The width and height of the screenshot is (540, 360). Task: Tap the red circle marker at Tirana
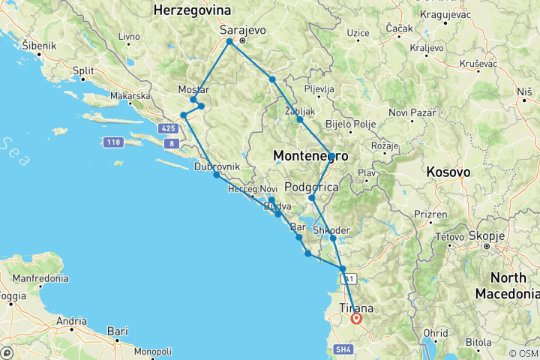pos(357,319)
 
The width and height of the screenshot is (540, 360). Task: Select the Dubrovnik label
pos(217,166)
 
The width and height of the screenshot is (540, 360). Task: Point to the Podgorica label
pos(317,186)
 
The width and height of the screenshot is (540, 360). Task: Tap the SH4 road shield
pos(343,349)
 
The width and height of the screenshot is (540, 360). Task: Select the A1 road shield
pos(347,279)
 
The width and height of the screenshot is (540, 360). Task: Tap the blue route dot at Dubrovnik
pos(216,175)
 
